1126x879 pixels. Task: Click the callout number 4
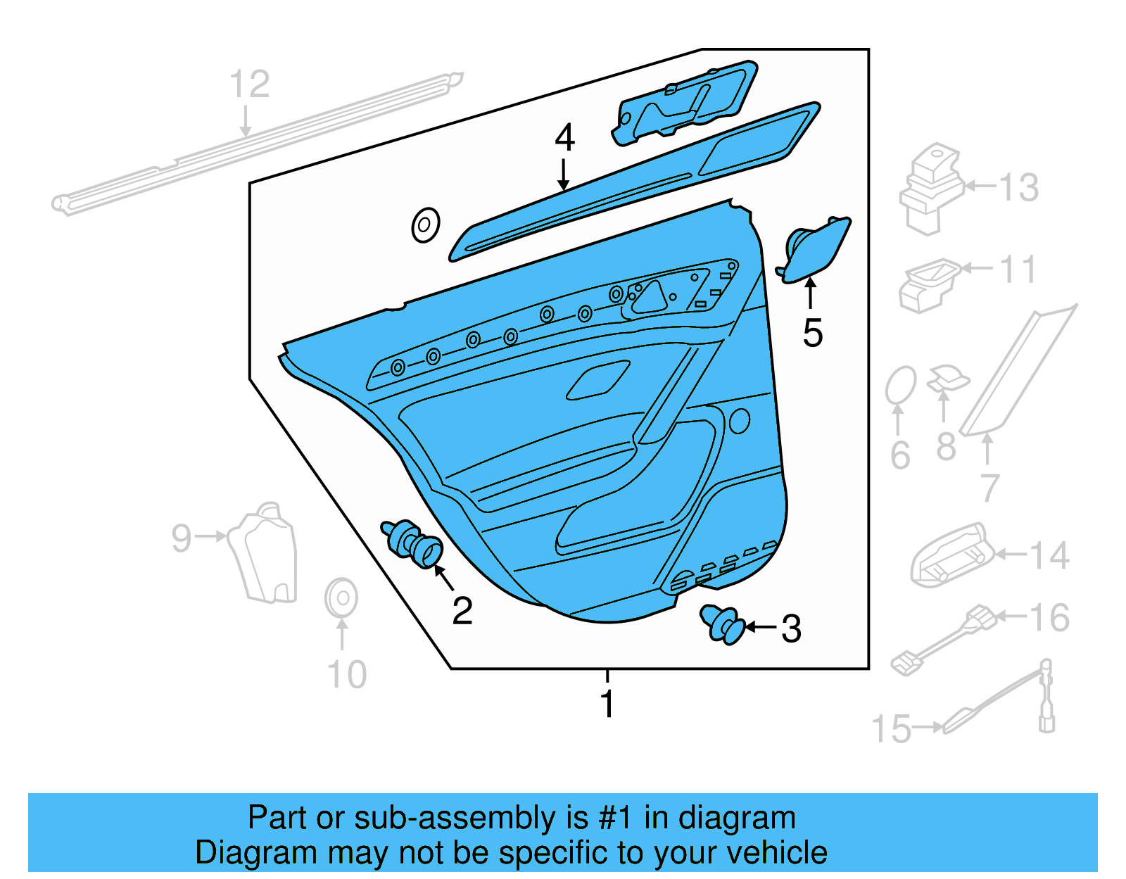coord(564,138)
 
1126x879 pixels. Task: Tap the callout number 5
coord(812,333)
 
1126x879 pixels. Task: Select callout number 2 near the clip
coord(462,611)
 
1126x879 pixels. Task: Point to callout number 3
coord(791,629)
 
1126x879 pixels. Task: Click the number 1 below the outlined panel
coord(607,704)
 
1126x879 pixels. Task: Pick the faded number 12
coord(250,84)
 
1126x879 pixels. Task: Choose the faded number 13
coord(1018,188)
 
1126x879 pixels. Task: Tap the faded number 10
coord(347,675)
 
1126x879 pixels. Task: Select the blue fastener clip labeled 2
coord(414,544)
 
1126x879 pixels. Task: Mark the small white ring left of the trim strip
coord(426,226)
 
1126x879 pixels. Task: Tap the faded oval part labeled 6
coord(900,385)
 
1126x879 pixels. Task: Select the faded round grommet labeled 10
coord(341,598)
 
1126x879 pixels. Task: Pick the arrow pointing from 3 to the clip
coord(760,627)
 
